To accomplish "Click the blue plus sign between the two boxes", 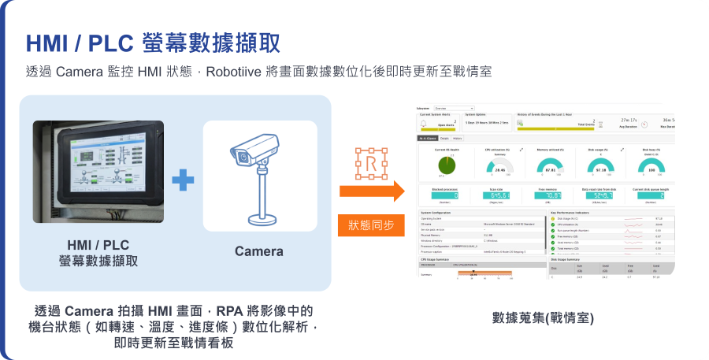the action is coord(183,180).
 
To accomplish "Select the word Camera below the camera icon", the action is coord(259,251).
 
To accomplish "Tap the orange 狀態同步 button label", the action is coord(371,225).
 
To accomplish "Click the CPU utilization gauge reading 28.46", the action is coord(499,166).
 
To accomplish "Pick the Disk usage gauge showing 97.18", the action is coord(600,166).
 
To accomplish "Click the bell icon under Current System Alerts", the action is coord(425,122).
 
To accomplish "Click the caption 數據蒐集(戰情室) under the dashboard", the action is coord(543,317).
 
